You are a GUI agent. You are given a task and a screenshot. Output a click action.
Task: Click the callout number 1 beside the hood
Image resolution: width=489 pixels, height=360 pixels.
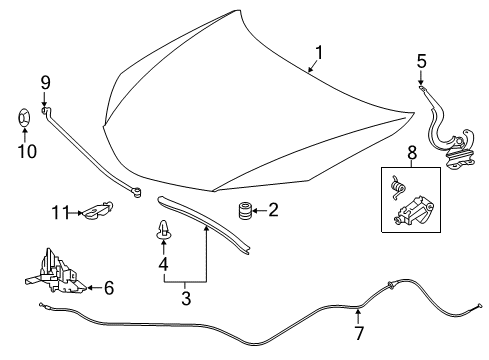319,53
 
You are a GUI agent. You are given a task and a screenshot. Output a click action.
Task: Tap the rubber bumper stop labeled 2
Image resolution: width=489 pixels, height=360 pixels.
245,211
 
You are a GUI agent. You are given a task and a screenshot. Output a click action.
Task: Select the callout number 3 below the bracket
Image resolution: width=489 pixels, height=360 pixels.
186,298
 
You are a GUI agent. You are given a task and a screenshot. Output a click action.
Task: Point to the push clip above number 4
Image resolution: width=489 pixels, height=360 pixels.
163,229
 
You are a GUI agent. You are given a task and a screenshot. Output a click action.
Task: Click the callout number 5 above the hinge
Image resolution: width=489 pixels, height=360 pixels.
422,62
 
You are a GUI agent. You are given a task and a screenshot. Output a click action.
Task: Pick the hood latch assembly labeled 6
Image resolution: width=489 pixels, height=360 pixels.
56,272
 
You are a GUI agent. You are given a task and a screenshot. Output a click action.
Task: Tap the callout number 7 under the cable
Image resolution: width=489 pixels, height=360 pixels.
359,333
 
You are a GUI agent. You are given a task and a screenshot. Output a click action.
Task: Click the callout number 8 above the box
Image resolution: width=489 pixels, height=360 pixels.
412,153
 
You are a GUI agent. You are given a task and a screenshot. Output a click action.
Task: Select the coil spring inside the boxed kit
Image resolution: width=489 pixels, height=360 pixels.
397,188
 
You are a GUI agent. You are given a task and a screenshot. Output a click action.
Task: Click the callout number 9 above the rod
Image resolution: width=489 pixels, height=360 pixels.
45,82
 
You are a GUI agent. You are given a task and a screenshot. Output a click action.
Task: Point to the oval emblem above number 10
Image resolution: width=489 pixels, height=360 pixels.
24,118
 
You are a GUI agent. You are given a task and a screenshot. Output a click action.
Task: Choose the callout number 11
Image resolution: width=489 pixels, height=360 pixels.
60,213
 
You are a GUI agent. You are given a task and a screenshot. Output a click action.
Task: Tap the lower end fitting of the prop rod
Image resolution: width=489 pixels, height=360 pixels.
136,192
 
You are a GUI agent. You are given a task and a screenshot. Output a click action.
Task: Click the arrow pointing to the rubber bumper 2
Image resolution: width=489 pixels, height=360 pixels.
260,211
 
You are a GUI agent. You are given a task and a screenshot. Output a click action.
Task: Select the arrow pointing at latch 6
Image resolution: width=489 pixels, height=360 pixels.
94,287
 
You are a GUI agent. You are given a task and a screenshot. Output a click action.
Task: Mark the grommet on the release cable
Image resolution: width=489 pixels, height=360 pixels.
390,285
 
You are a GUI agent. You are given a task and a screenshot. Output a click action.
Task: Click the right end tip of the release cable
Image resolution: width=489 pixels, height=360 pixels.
480,304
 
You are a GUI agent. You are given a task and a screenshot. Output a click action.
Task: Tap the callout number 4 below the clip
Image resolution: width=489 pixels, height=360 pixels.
163,264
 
